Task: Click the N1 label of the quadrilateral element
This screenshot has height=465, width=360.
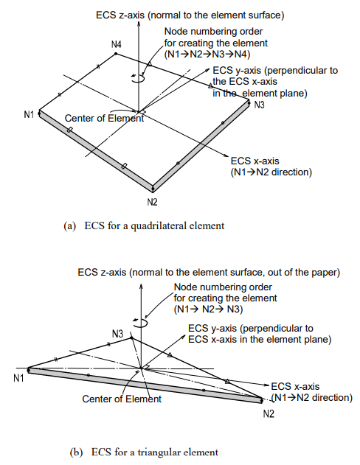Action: click(29, 114)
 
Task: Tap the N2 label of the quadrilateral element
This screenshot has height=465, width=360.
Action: click(153, 200)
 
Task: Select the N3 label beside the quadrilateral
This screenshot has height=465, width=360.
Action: click(260, 105)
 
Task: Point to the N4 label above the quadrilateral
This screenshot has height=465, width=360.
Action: click(117, 45)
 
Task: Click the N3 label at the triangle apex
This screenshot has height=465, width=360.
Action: click(117, 334)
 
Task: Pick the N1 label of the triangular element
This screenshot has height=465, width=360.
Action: click(18, 378)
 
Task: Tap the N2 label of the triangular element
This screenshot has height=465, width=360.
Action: click(269, 415)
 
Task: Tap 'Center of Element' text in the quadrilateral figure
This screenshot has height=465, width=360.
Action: click(104, 118)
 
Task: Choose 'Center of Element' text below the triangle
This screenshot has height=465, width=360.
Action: click(121, 399)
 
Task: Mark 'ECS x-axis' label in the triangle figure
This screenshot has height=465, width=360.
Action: click(296, 386)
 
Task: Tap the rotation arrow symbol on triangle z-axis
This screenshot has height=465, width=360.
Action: click(140, 322)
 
